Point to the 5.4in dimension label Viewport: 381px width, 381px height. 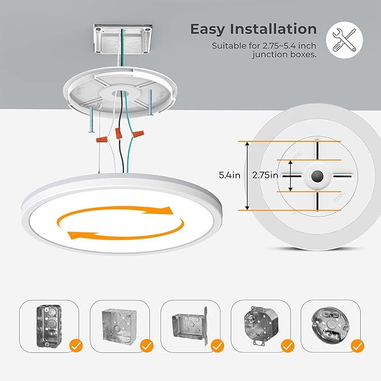tap(229, 175)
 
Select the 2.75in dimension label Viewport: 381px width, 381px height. tap(265, 175)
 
